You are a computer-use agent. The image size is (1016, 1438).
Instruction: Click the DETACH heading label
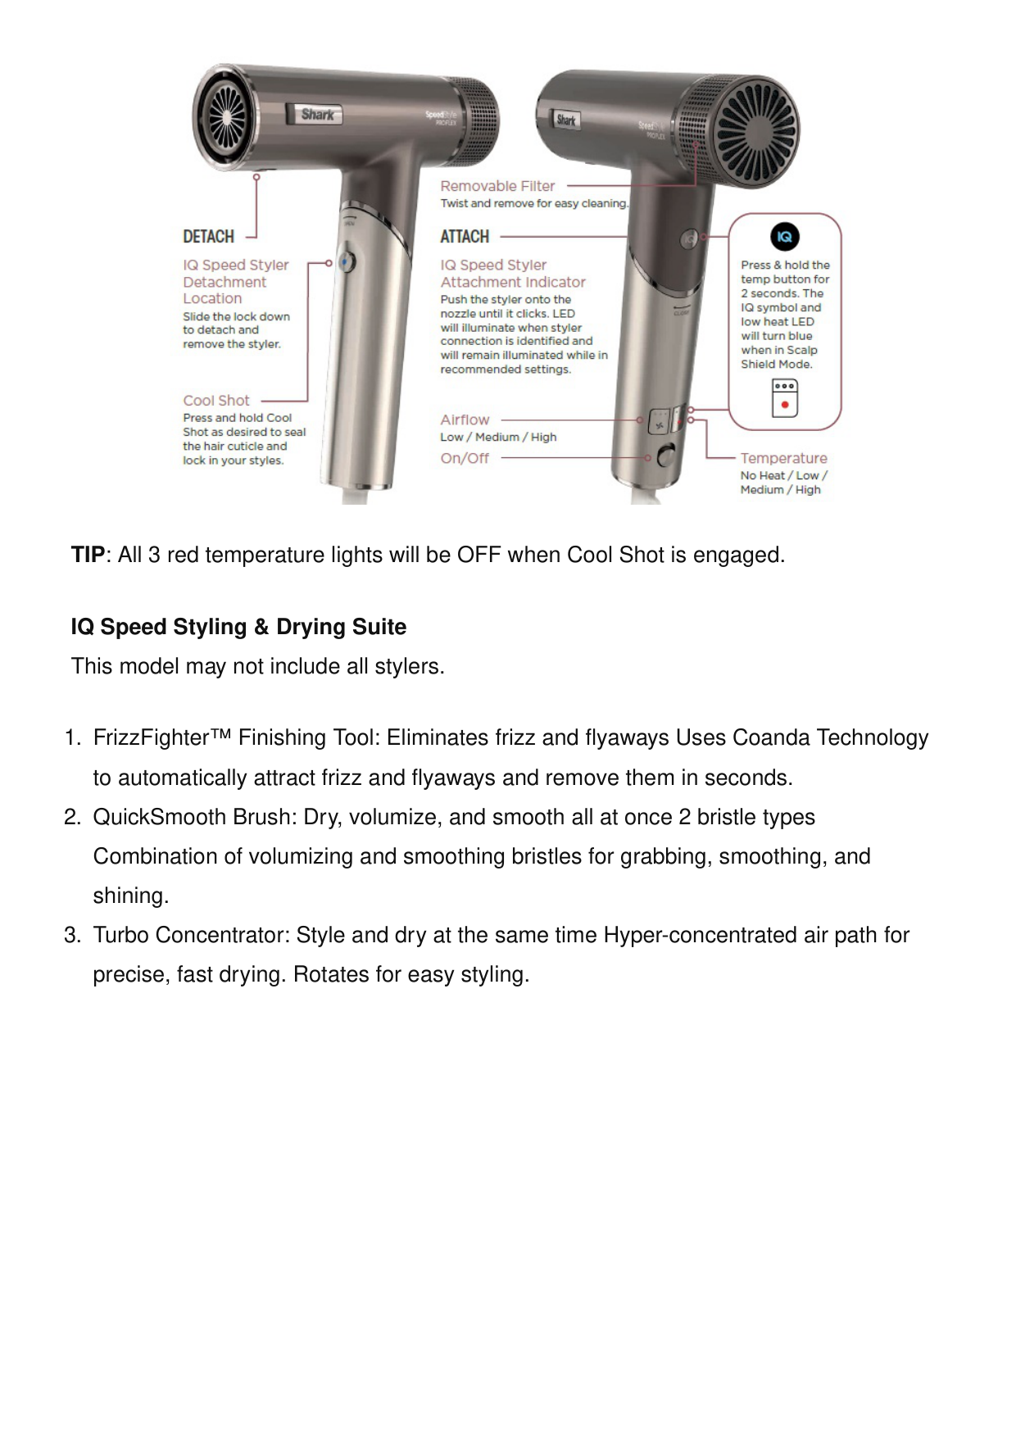point(208,237)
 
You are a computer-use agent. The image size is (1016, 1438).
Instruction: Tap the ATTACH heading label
point(465,237)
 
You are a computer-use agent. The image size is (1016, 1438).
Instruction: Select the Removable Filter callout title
point(497,186)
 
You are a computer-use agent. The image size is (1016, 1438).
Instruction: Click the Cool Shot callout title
point(216,401)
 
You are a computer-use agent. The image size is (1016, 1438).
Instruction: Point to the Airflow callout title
point(465,420)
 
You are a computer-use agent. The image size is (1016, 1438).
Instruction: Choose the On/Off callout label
point(465,458)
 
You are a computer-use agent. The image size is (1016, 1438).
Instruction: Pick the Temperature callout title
point(783,458)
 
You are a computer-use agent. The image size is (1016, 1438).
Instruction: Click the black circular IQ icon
point(784,238)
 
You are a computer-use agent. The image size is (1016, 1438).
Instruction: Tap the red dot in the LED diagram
point(785,405)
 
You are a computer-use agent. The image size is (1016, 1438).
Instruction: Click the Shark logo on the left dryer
point(316,115)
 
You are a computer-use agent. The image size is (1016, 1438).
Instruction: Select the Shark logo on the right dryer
point(566,120)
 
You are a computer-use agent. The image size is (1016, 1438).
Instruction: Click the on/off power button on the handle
point(665,455)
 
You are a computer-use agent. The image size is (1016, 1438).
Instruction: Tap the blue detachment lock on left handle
point(347,261)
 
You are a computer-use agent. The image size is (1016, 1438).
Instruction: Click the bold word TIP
point(88,555)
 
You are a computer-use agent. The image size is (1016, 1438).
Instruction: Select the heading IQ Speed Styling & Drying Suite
point(238,627)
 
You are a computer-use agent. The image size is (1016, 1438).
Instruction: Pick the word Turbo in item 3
point(120,935)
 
